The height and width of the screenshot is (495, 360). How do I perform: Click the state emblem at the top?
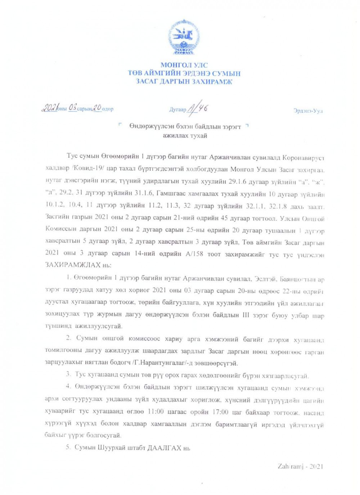pos(184,37)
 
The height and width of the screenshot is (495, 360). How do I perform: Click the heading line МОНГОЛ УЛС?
pos(184,65)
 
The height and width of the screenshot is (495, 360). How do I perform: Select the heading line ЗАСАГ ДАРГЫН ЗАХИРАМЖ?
pos(184,82)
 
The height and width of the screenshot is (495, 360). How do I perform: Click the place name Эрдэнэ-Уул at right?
pos(308,111)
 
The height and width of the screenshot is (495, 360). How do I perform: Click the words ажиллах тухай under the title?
pos(185,136)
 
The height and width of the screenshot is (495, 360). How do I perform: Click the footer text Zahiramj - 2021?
pos(300,467)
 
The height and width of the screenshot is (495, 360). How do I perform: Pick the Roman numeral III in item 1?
pos(246,315)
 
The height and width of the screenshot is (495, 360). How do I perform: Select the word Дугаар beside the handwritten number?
pos(178,109)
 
